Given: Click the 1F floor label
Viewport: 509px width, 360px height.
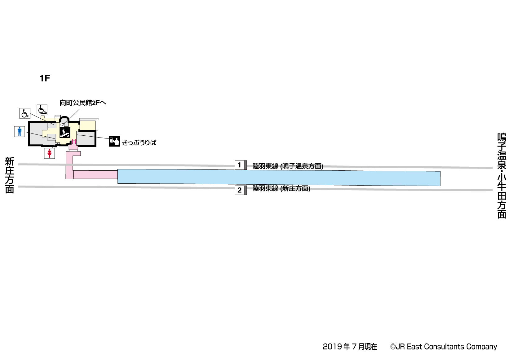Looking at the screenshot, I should click(x=45, y=78).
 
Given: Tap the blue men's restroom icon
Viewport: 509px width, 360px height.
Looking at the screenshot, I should click(x=20, y=132).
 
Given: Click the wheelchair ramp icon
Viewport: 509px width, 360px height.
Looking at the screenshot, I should click(x=42, y=110).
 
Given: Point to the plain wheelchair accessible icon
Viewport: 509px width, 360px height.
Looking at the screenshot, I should click(x=25, y=113).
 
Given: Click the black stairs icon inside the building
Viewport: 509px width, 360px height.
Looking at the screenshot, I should click(x=65, y=133).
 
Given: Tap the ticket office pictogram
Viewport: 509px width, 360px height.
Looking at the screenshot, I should click(x=114, y=141).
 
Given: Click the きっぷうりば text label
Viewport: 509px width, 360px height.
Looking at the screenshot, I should click(x=139, y=143).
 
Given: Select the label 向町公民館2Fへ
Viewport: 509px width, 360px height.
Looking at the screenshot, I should click(x=83, y=103).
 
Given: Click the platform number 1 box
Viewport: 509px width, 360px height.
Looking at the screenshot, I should click(x=240, y=165).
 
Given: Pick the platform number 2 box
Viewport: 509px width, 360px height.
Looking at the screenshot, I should click(x=240, y=190).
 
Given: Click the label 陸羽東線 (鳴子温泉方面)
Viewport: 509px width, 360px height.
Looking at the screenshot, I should click(x=288, y=166).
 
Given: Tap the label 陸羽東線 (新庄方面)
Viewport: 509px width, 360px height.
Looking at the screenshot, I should click(x=281, y=188).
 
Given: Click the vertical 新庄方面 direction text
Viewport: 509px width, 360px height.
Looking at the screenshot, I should click(x=10, y=175).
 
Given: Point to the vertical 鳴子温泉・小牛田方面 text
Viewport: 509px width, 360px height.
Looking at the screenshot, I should click(x=501, y=176).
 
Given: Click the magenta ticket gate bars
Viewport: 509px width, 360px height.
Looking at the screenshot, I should click(x=74, y=142).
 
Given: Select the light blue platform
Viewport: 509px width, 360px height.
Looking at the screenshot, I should click(x=279, y=177).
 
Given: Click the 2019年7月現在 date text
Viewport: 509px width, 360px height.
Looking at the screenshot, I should click(x=350, y=347).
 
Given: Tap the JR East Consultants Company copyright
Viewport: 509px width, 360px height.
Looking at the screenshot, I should click(x=443, y=347).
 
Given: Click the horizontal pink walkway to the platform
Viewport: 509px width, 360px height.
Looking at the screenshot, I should click(x=95, y=175).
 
